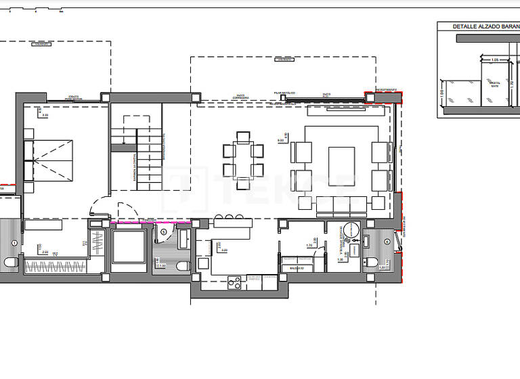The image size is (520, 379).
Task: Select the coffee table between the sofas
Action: pyautogui.click(x=341, y=166)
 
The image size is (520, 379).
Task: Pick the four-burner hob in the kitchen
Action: pyautogui.click(x=235, y=282)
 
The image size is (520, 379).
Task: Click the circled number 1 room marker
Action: pyautogui.click(x=15, y=242)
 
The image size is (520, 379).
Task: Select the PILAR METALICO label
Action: pyautogui.click(x=283, y=91)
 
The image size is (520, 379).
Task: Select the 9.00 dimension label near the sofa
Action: pyautogui.click(x=280, y=140)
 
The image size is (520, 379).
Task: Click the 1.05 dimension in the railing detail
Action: pyautogui.click(x=494, y=60)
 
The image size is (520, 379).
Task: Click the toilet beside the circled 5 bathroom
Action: pyautogui.click(x=183, y=266)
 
